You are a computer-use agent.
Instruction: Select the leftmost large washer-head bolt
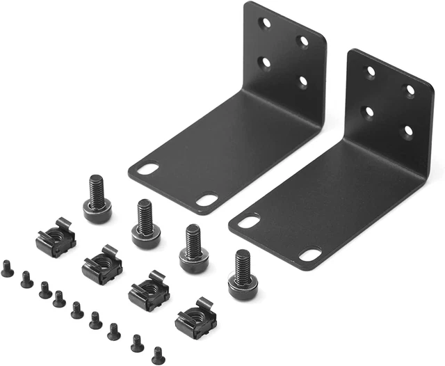97,202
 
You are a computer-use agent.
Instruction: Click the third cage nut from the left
149,291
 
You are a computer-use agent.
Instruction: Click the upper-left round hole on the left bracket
265,23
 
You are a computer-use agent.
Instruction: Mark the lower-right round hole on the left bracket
303,81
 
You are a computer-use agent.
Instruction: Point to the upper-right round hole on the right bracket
410,90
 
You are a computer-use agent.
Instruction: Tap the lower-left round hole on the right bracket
369,111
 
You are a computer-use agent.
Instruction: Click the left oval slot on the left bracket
147,169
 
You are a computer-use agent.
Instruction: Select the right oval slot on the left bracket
207,200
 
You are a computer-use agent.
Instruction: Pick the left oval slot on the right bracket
249,222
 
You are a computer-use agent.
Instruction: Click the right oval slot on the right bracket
310,255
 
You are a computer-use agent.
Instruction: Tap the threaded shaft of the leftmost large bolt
97,187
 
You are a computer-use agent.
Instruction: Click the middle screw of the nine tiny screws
77,310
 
